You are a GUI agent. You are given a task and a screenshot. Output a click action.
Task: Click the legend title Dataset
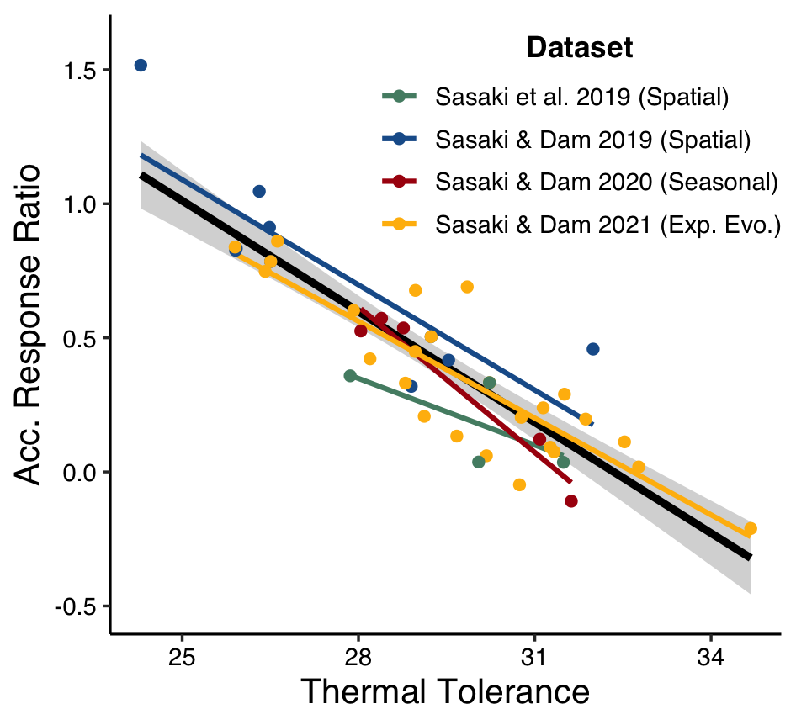579,48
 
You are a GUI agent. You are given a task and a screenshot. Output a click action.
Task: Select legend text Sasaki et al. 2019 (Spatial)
581,97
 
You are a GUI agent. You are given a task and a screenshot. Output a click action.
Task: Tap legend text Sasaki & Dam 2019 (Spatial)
592,140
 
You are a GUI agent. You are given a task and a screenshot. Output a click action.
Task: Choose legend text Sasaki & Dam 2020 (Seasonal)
606,182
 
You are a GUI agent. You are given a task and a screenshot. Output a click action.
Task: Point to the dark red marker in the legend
400,182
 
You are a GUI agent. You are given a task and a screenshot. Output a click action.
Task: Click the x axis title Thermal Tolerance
444,693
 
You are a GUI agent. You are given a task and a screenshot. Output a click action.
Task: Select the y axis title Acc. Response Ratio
30,324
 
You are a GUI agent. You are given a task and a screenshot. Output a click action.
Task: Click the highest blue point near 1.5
141,66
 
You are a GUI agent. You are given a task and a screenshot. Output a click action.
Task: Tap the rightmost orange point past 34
751,528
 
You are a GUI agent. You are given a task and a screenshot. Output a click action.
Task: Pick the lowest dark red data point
571,501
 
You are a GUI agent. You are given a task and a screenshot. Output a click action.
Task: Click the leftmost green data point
350,376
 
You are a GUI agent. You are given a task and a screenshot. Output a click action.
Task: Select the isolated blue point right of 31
592,349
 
